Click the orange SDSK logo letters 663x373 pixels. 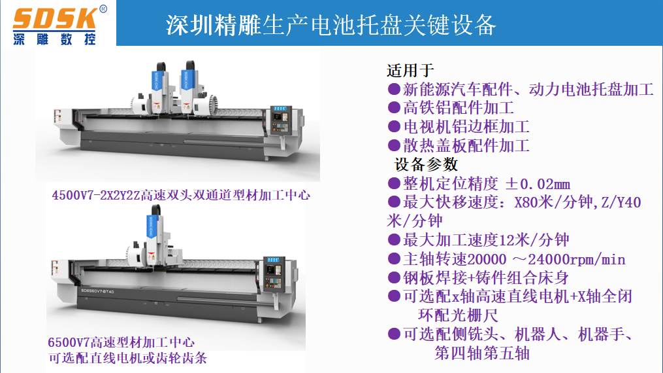pyautogui.click(x=55, y=19)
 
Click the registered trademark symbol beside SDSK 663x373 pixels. pyautogui.click(x=103, y=9)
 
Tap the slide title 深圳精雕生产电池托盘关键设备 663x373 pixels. pyautogui.click(x=331, y=25)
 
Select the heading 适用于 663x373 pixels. pyautogui.click(x=410, y=70)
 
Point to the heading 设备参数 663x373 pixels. pyautogui.click(x=426, y=164)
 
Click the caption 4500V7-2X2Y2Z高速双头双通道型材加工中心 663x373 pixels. pyautogui.click(x=181, y=195)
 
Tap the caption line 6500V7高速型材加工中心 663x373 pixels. pyautogui.click(x=121, y=342)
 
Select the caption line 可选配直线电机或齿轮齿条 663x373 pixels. pyautogui.click(x=127, y=358)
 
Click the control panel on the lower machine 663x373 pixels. pyautogui.click(x=274, y=274)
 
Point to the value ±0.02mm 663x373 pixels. pyautogui.click(x=538, y=184)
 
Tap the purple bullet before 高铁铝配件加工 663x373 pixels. pyautogui.click(x=394, y=107)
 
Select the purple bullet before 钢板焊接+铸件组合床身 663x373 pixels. pyautogui.click(x=394, y=277)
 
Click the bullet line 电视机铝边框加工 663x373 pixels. pyautogui.click(x=466, y=126)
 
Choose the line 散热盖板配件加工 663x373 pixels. pyautogui.click(x=466, y=146)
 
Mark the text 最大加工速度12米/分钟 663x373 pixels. pyautogui.click(x=486, y=240)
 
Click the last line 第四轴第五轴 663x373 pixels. pyautogui.click(x=482, y=353)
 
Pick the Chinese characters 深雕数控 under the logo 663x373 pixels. pyautogui.click(x=54, y=39)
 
